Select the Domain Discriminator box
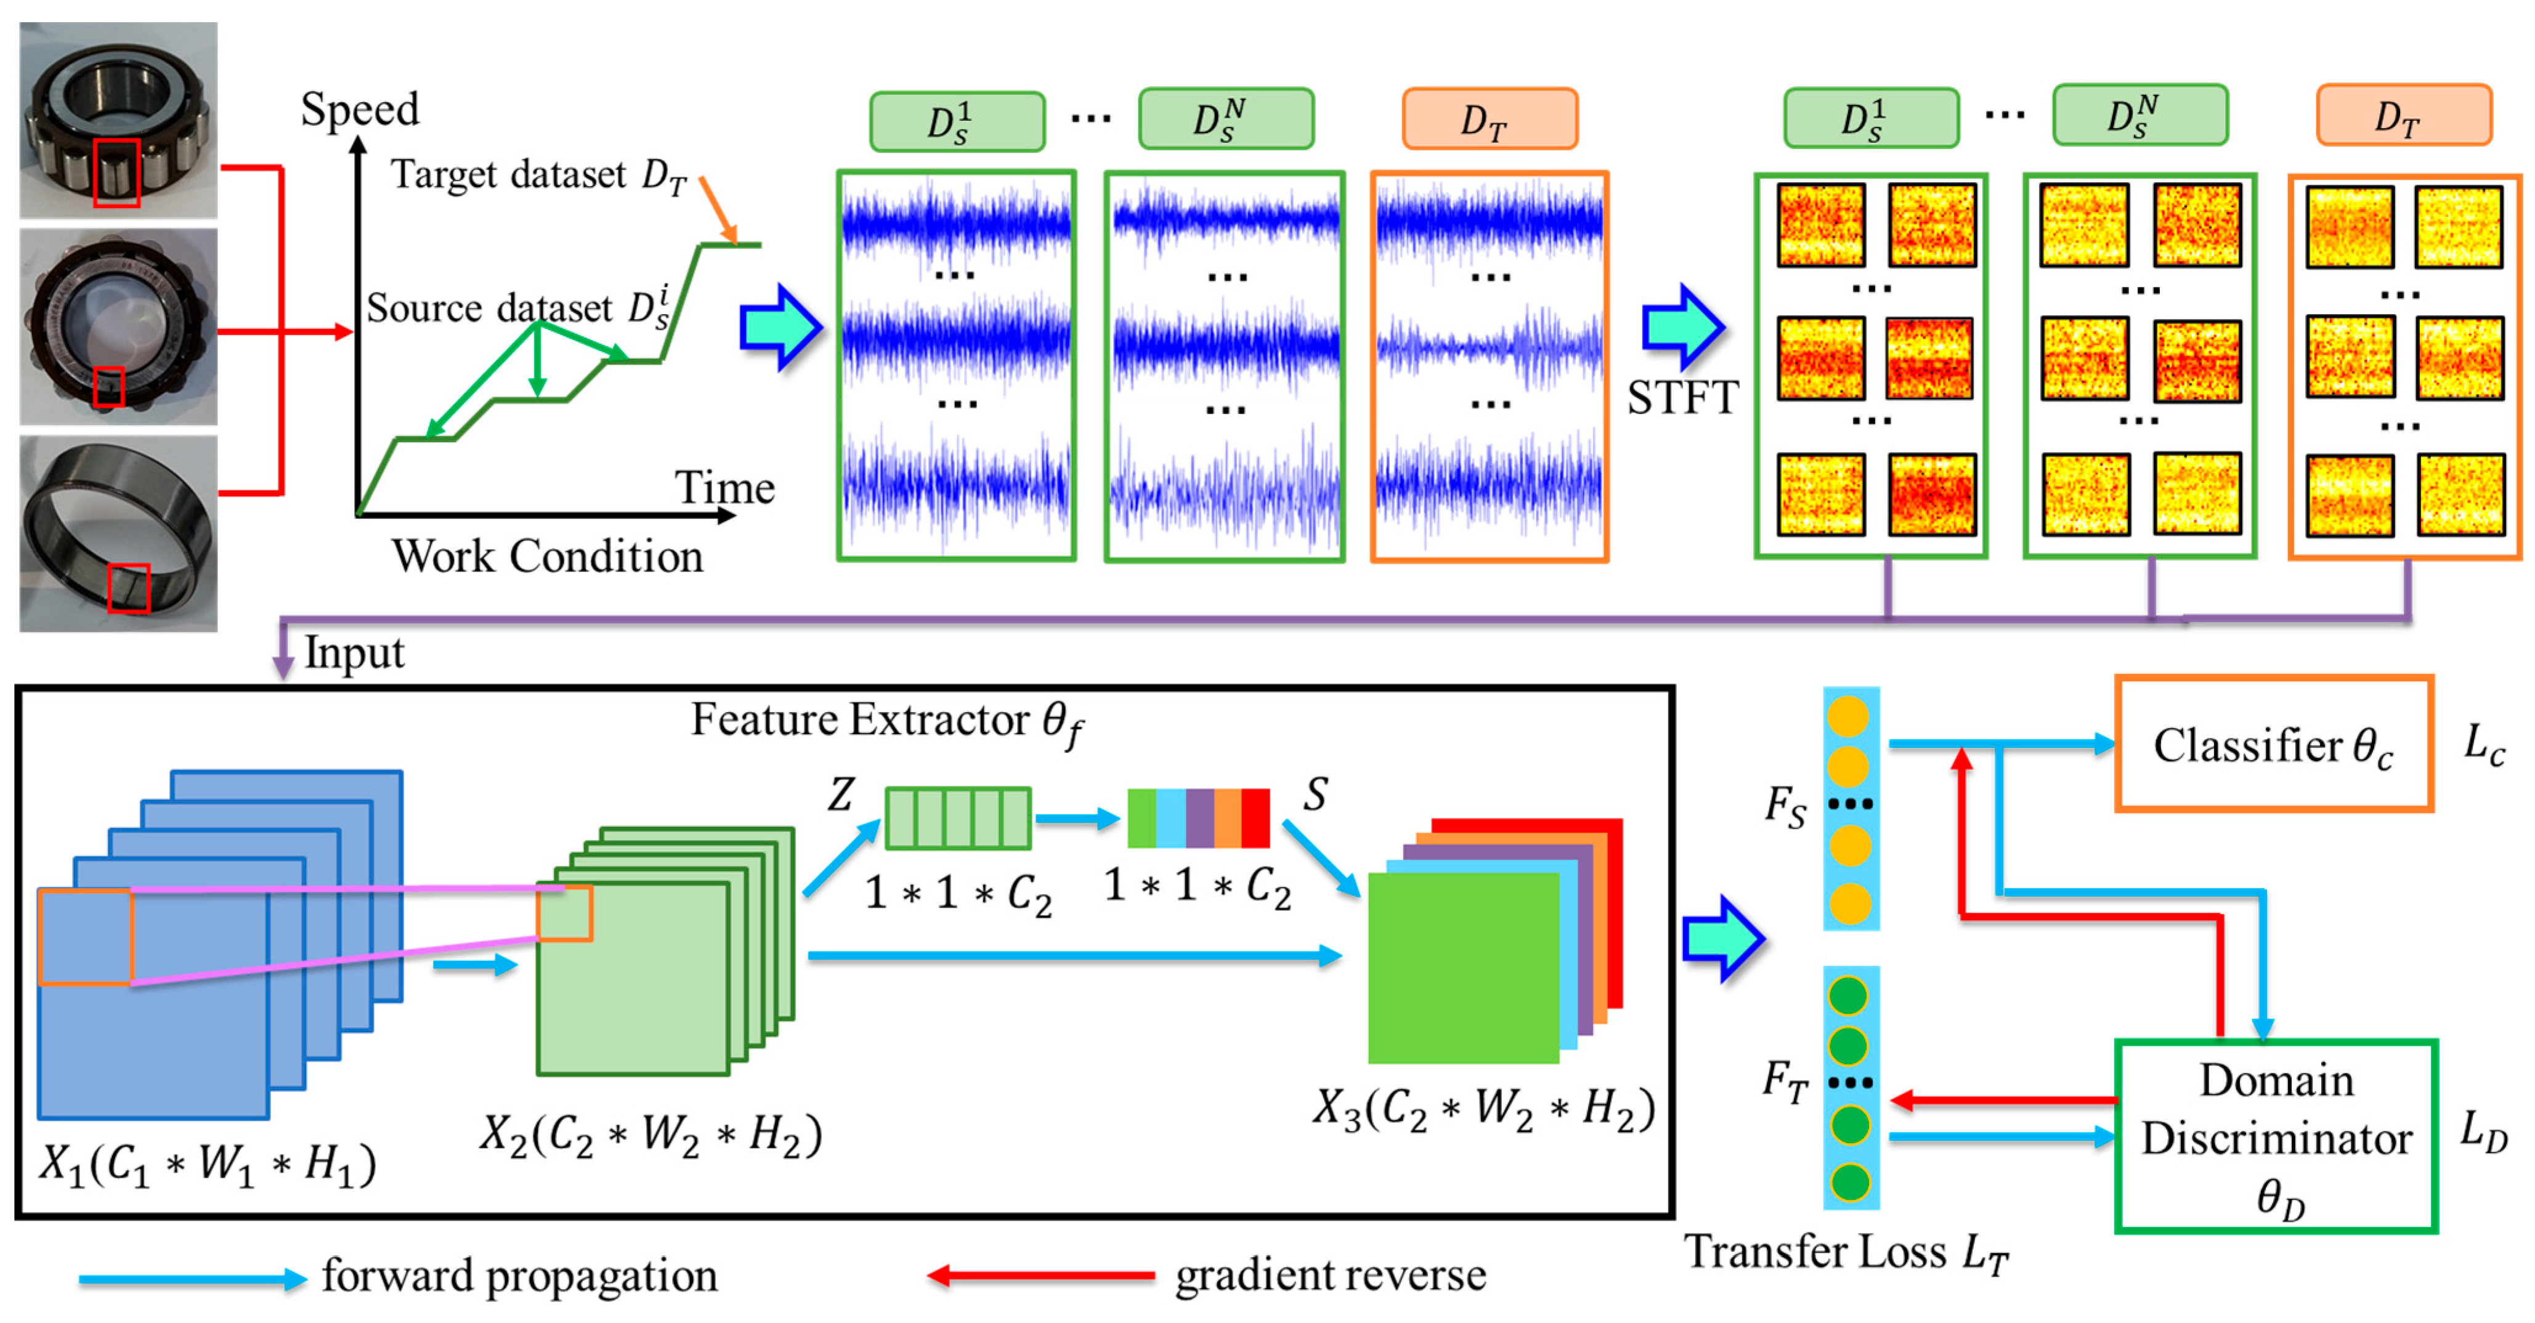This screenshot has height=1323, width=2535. point(2275,1136)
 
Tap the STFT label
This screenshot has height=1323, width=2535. point(1683,397)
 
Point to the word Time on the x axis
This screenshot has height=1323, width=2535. point(724,487)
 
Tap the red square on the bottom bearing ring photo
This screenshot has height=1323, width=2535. point(128,587)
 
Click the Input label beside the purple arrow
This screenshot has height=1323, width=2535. point(354,652)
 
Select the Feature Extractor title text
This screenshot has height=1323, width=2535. point(886,721)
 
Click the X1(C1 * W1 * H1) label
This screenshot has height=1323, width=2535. point(206,1165)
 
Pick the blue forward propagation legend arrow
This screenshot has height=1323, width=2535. point(192,1279)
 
